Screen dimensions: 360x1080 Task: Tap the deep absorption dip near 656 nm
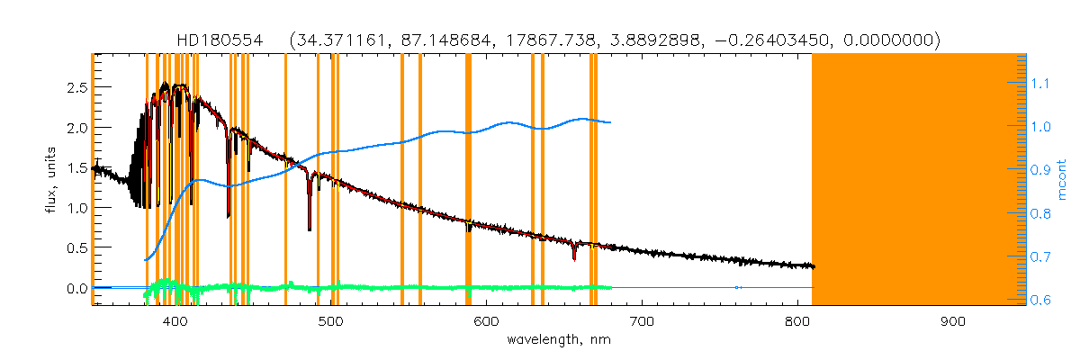(574, 256)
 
